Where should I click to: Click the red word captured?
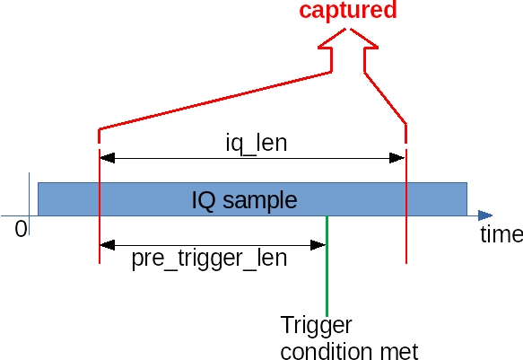point(348,11)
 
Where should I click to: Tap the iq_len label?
point(257,144)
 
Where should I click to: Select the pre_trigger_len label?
point(209,259)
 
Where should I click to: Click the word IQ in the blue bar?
point(204,200)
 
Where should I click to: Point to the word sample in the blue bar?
point(260,201)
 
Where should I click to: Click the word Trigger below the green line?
point(316,325)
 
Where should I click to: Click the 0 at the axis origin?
point(21,229)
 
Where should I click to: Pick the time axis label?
point(501,234)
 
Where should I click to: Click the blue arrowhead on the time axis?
point(485,215)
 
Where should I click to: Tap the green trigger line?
point(327,266)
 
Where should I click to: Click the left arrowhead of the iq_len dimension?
point(108,158)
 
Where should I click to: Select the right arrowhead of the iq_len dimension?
point(397,158)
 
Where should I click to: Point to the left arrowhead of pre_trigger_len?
point(108,245)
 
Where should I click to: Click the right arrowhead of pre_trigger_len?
point(318,245)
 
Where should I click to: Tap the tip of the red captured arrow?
point(348,29)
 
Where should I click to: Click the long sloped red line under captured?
point(215,100)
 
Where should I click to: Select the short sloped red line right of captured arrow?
point(385,98)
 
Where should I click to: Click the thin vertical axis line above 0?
point(30,204)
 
